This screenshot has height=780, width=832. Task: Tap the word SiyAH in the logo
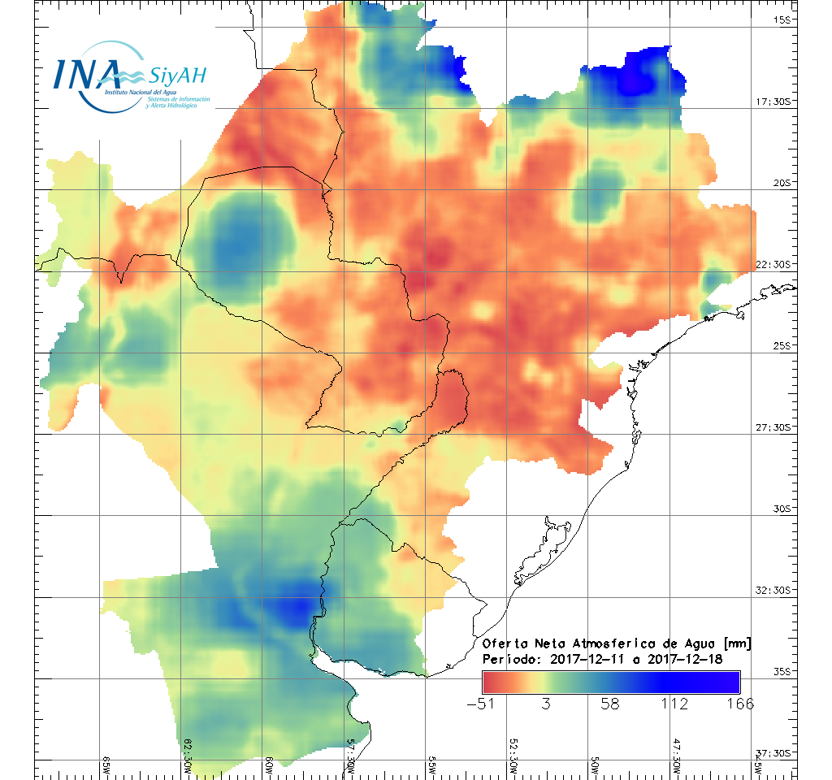[176, 76]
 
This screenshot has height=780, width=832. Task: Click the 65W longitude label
[106, 763]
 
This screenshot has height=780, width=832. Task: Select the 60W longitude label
[269, 763]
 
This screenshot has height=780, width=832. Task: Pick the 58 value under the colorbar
[610, 704]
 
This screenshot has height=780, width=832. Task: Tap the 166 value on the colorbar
[737, 704]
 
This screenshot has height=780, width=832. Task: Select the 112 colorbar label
[674, 704]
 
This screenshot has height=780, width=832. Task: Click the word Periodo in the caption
[508, 658]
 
